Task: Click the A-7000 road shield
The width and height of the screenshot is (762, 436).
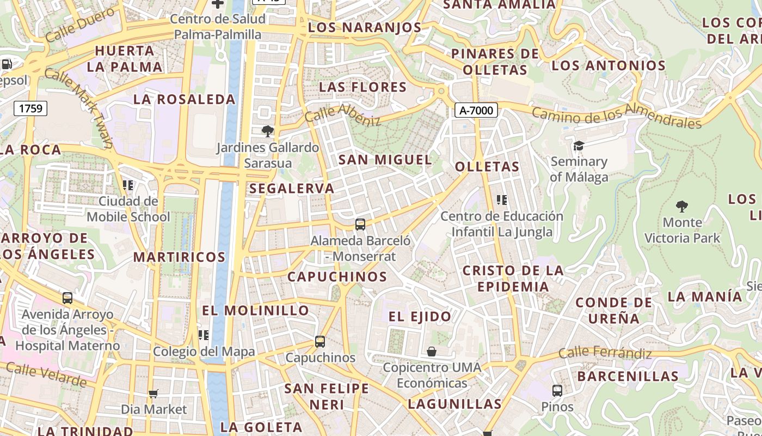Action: pyautogui.click(x=476, y=111)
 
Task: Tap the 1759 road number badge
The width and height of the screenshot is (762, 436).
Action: pyautogui.click(x=30, y=108)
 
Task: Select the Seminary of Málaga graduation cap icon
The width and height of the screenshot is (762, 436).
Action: pyautogui.click(x=578, y=146)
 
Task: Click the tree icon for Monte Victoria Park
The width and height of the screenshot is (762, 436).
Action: pyautogui.click(x=681, y=207)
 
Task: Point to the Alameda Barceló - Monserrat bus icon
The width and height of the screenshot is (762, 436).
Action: pyautogui.click(x=360, y=224)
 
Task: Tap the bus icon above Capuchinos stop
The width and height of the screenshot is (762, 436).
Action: pyautogui.click(x=320, y=342)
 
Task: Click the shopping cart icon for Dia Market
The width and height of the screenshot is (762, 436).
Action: pyautogui.click(x=153, y=393)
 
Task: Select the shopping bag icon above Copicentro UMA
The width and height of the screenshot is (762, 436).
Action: pyautogui.click(x=432, y=352)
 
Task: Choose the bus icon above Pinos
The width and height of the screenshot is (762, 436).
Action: pyautogui.click(x=557, y=390)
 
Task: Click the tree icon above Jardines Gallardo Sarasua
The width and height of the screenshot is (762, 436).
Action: pyautogui.click(x=267, y=131)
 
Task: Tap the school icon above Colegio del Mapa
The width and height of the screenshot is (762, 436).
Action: pyautogui.click(x=204, y=335)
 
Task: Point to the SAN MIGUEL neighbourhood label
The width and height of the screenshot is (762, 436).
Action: pyautogui.click(x=385, y=160)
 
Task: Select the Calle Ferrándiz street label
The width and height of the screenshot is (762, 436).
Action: pyautogui.click(x=605, y=353)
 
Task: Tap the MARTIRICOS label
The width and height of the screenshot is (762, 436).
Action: pyautogui.click(x=179, y=257)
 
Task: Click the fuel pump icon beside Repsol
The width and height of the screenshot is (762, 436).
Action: pyautogui.click(x=7, y=64)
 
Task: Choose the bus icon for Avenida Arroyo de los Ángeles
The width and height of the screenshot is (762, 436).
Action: pyautogui.click(x=67, y=298)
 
